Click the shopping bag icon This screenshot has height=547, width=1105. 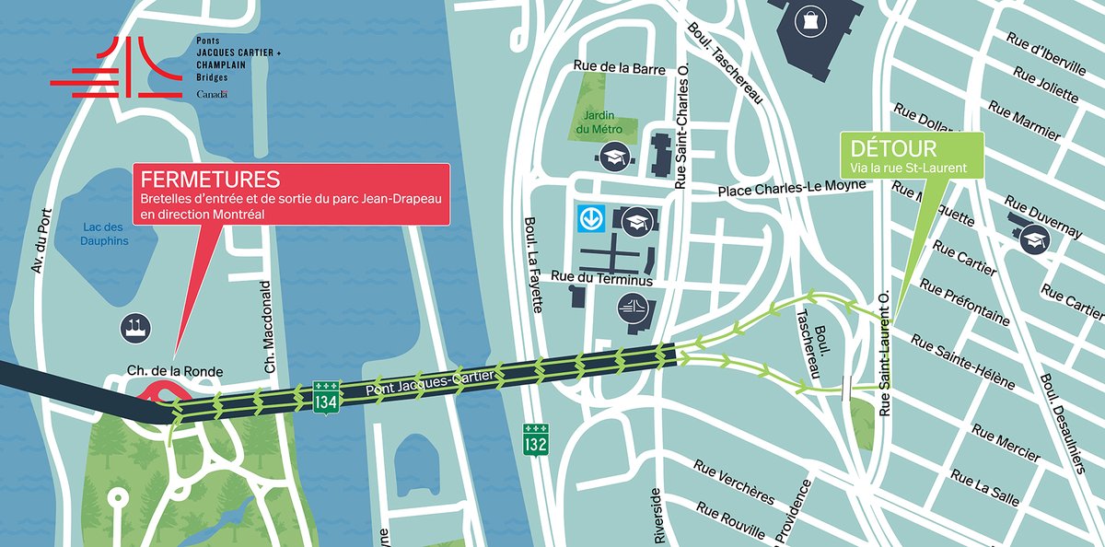click(809, 18)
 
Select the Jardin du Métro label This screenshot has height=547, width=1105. click(599, 122)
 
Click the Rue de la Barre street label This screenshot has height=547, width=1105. click(612, 65)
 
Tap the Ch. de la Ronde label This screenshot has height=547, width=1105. click(175, 371)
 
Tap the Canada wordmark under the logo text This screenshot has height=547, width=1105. click(212, 94)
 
